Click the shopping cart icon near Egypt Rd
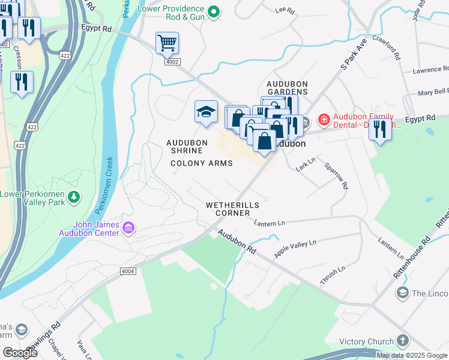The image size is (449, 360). [x=167, y=43]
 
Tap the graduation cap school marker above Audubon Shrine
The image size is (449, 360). [x=205, y=112]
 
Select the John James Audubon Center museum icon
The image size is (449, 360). [x=128, y=228]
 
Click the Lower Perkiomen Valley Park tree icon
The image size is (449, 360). [x=74, y=197]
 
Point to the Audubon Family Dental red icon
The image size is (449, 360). [x=324, y=120]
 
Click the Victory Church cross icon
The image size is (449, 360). [x=402, y=341]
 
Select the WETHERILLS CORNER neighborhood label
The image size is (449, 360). [x=232, y=209]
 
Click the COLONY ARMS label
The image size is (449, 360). [x=200, y=163]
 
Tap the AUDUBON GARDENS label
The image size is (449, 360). [x=288, y=88]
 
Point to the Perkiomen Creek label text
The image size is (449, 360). [x=104, y=187]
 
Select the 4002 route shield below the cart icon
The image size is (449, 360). [x=172, y=61]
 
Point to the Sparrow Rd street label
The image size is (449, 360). [x=336, y=176]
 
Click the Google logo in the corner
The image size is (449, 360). [x=20, y=353]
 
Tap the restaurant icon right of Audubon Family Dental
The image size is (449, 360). [x=379, y=128]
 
